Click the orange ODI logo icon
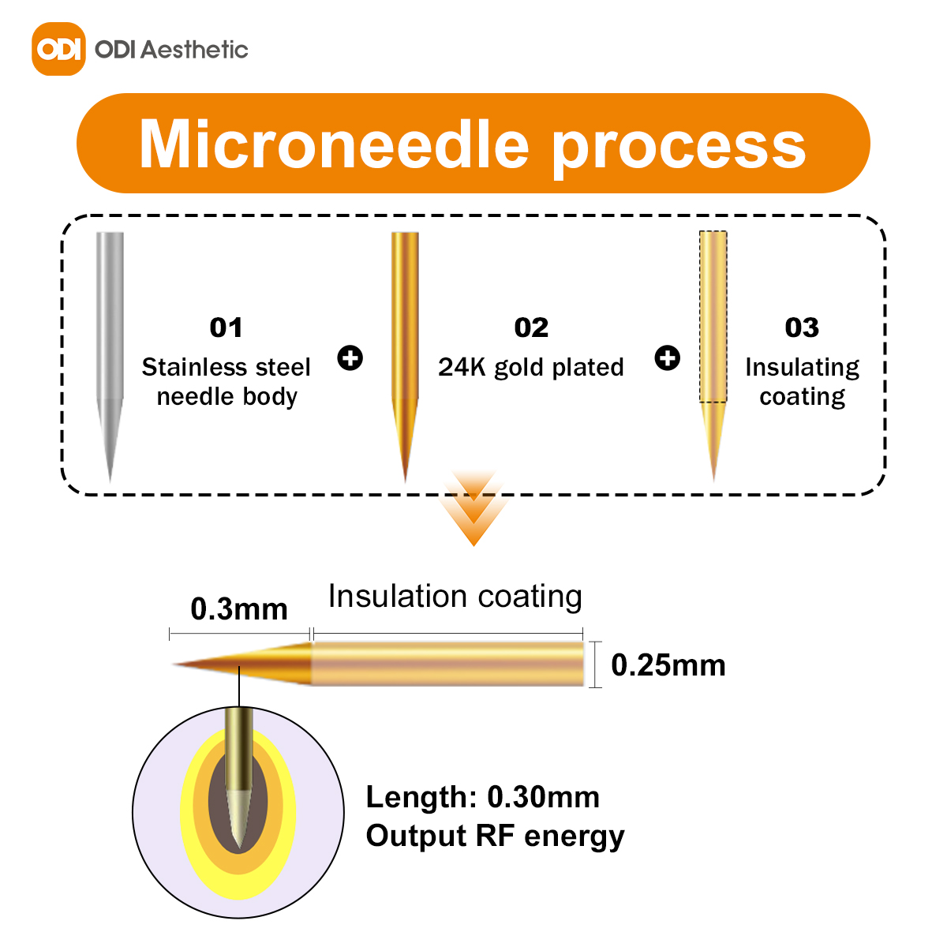tap(58, 49)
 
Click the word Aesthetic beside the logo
tap(195, 50)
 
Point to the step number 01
tap(226, 328)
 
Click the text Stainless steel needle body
tap(226, 382)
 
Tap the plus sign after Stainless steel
tap(350, 357)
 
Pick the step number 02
tap(531, 328)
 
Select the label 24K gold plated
tap(531, 368)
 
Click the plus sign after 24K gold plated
tap(668, 357)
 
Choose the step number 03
tap(802, 328)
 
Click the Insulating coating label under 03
tap(803, 382)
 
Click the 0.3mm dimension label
tap(239, 609)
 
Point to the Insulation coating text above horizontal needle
tap(455, 597)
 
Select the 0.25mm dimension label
tap(668, 665)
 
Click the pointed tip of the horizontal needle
tap(173, 664)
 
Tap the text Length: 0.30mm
tap(483, 796)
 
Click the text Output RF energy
tap(495, 836)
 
